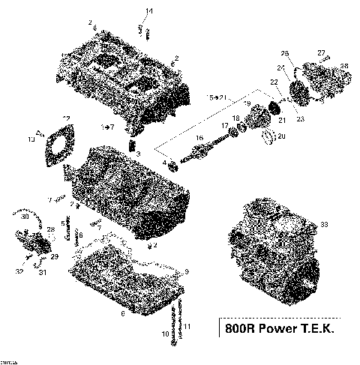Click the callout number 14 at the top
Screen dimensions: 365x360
(x=148, y=10)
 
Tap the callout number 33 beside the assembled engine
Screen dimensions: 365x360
(x=325, y=224)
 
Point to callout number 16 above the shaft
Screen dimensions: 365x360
(x=199, y=139)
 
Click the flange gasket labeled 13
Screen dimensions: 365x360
(x=56, y=146)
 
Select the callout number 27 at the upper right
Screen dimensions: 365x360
(x=321, y=52)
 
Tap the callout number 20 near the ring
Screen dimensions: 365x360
(x=282, y=136)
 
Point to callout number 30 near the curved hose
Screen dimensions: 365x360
(x=25, y=217)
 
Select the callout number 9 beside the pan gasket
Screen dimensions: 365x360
(x=187, y=271)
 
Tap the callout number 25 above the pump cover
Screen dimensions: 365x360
(x=284, y=53)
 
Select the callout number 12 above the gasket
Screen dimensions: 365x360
(x=67, y=118)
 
